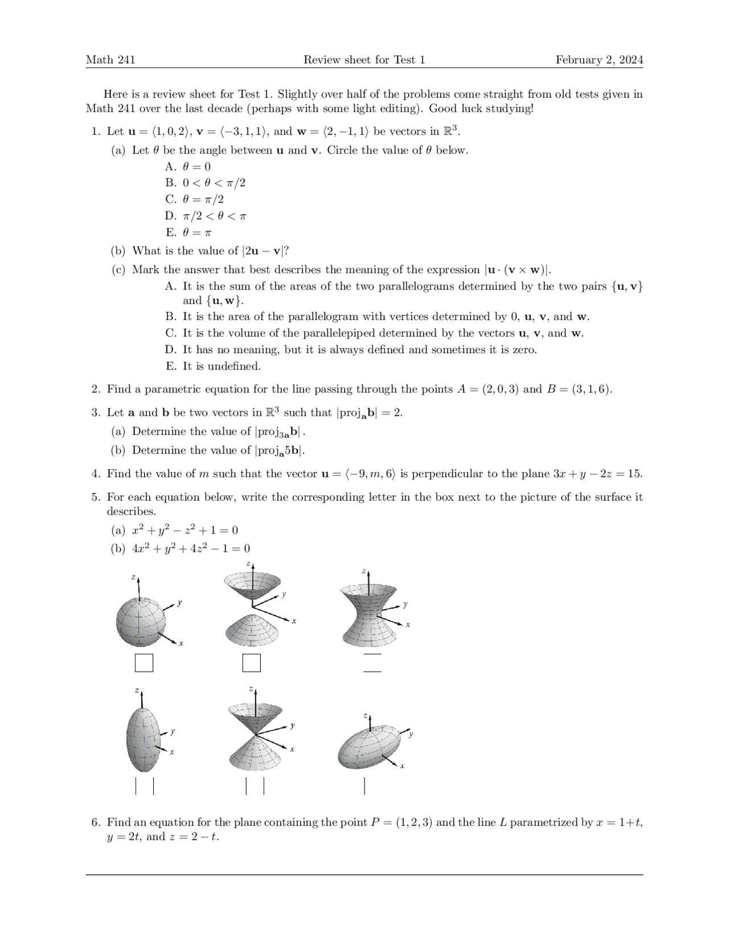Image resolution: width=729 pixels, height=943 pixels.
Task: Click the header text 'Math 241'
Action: tap(110, 60)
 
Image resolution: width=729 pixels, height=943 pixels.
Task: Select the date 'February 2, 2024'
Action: tap(599, 60)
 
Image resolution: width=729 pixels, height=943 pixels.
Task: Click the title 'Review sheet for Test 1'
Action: tap(364, 60)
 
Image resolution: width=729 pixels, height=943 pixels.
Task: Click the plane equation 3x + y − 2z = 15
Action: tap(597, 474)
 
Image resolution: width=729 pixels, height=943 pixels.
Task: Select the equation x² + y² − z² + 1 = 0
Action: tap(185, 530)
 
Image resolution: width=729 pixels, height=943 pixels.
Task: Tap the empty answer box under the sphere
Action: tap(144, 663)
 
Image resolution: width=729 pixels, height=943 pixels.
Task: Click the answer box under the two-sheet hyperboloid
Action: tap(251, 663)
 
